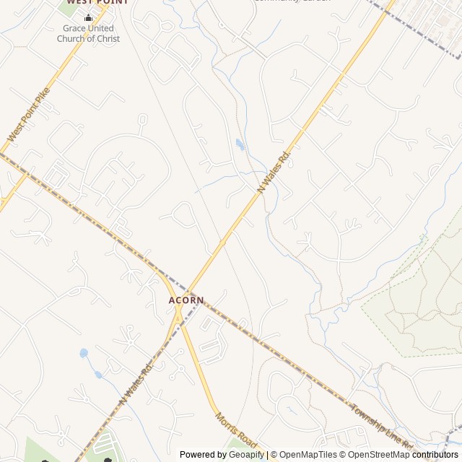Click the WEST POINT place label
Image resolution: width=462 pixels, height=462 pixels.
coord(88,2)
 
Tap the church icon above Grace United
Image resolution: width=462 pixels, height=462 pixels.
coord(89,18)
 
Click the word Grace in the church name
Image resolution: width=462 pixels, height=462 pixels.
coord(74,29)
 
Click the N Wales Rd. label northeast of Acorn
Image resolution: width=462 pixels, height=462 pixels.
coord(274,170)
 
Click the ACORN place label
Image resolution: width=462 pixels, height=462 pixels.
coord(186,300)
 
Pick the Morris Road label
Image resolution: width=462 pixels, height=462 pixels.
coord(236,429)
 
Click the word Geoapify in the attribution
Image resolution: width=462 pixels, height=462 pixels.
coord(247,455)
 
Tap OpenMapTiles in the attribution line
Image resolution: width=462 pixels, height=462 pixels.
coord(309,455)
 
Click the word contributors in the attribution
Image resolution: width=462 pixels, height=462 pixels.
coord(435,455)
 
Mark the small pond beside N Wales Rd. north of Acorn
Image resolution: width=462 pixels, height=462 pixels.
coord(240,144)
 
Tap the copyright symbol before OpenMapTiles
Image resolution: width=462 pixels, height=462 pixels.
coord(274,455)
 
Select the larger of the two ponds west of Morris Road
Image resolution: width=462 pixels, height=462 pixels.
coord(84,354)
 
